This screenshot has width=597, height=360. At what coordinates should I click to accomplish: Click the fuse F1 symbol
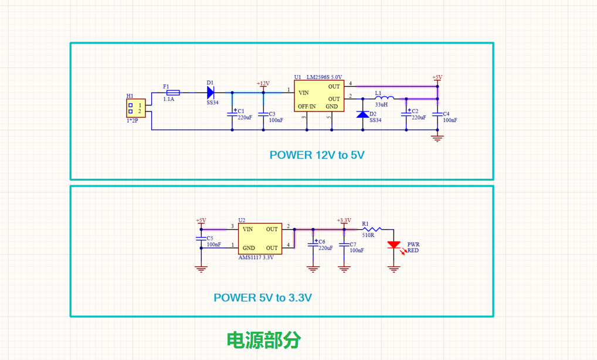pyautogui.click(x=173, y=93)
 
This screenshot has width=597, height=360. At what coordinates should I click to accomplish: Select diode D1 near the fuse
pyautogui.click(x=211, y=93)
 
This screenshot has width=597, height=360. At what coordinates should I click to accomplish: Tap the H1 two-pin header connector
pyautogui.click(x=136, y=108)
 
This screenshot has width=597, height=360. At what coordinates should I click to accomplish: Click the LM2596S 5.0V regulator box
pyautogui.click(x=319, y=96)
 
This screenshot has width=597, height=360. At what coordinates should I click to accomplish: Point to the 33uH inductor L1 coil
pyautogui.click(x=385, y=97)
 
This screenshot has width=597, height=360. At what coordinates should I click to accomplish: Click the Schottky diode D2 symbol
pyautogui.click(x=362, y=114)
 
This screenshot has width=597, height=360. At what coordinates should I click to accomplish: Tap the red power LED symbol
pyautogui.click(x=394, y=244)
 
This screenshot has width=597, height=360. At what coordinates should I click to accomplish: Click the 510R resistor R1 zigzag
pyautogui.click(x=372, y=229)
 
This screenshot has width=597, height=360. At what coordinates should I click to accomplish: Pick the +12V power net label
pyautogui.click(x=263, y=84)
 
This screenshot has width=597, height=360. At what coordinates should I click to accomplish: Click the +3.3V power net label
pyautogui.click(x=344, y=220)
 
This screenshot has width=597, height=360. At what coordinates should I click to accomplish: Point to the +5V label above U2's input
pyautogui.click(x=201, y=220)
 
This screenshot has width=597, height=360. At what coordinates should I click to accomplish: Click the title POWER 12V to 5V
pyautogui.click(x=317, y=155)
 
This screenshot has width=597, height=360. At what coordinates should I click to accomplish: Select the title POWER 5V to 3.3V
pyautogui.click(x=263, y=298)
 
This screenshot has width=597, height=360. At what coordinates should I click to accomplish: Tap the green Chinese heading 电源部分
pyautogui.click(x=264, y=340)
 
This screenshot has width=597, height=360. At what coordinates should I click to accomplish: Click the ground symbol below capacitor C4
pyautogui.click(x=437, y=138)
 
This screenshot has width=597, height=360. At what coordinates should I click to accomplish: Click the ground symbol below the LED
pyautogui.click(x=394, y=270)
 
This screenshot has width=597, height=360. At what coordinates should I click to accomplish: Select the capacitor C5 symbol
pyautogui.click(x=201, y=239)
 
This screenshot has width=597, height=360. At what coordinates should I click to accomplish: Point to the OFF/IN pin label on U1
pyautogui.click(x=307, y=107)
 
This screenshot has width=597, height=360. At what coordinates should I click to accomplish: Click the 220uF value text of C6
pyautogui.click(x=325, y=248)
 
